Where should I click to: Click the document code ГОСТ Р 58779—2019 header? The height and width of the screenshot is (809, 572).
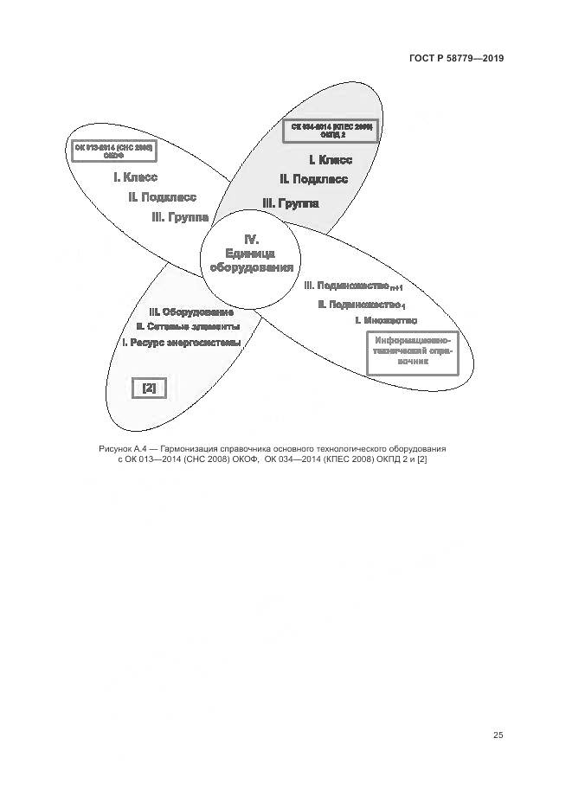click(456, 59)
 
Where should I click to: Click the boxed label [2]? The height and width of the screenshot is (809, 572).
click(149, 388)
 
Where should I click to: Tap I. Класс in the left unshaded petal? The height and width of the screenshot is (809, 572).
click(135, 177)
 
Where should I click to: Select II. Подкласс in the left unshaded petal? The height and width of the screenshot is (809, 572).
click(162, 197)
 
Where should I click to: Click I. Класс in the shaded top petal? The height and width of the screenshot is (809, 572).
click(331, 160)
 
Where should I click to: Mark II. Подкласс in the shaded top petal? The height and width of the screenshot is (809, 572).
click(313, 179)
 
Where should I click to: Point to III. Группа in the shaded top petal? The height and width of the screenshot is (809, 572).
click(291, 203)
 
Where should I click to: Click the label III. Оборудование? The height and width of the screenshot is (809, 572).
click(191, 311)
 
